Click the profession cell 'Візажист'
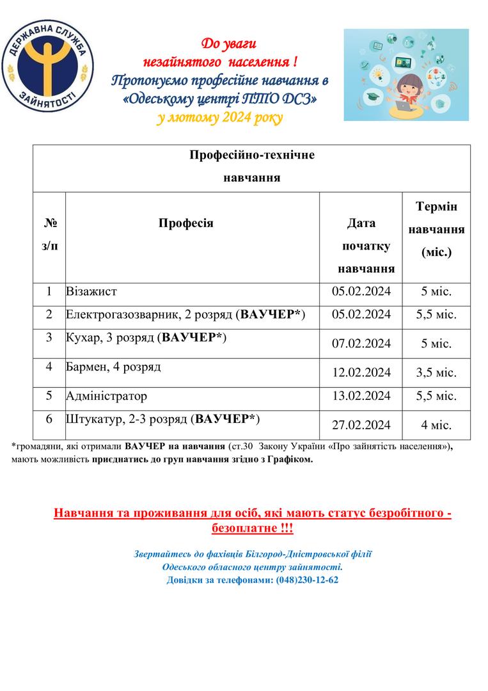pyautogui.click(x=91, y=292)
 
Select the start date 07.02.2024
pyautogui.click(x=361, y=344)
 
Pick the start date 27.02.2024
pyautogui.click(x=361, y=424)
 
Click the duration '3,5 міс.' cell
pyautogui.click(x=436, y=372)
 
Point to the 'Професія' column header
pyautogui.click(x=185, y=223)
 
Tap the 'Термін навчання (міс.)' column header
pyautogui.click(x=436, y=229)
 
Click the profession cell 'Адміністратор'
pyautogui.click(x=106, y=396)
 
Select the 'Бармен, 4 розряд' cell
pyautogui.click(x=113, y=367)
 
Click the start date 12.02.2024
pyautogui.click(x=361, y=372)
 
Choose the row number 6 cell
pyautogui.click(x=49, y=419)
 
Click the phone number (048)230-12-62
pyautogui.click(x=307, y=580)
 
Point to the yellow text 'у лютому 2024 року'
pyautogui.click(x=219, y=118)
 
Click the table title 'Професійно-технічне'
pyautogui.click(x=252, y=155)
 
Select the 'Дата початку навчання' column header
pyautogui.click(x=361, y=246)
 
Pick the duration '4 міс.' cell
pyautogui.click(x=436, y=424)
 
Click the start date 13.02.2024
pyautogui.click(x=361, y=396)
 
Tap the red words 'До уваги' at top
pyautogui.click(x=228, y=44)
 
